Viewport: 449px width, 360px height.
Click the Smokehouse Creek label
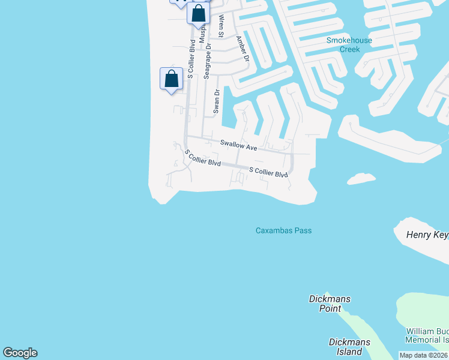pos(349,45)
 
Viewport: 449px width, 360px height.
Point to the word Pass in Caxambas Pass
pos(303,230)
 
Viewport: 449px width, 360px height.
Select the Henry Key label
pos(427,235)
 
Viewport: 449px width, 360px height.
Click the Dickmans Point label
pos(330,304)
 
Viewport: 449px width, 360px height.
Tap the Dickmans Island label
pos(349,347)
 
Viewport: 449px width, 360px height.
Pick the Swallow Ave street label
pos(238,145)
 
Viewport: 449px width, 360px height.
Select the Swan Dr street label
pos(217,102)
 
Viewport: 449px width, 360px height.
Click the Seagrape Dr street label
pos(207,61)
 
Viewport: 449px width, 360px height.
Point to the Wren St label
pos(220,26)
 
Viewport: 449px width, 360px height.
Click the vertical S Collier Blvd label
pos(190,59)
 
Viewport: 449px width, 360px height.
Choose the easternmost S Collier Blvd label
pos(268,173)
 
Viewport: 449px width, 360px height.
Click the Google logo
pos(20,353)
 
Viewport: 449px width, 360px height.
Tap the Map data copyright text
pos(424,356)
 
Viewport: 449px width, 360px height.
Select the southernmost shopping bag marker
pos(171,79)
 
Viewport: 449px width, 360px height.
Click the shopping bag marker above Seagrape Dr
pos(198,14)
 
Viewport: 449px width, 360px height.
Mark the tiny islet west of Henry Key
pos(361,178)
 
